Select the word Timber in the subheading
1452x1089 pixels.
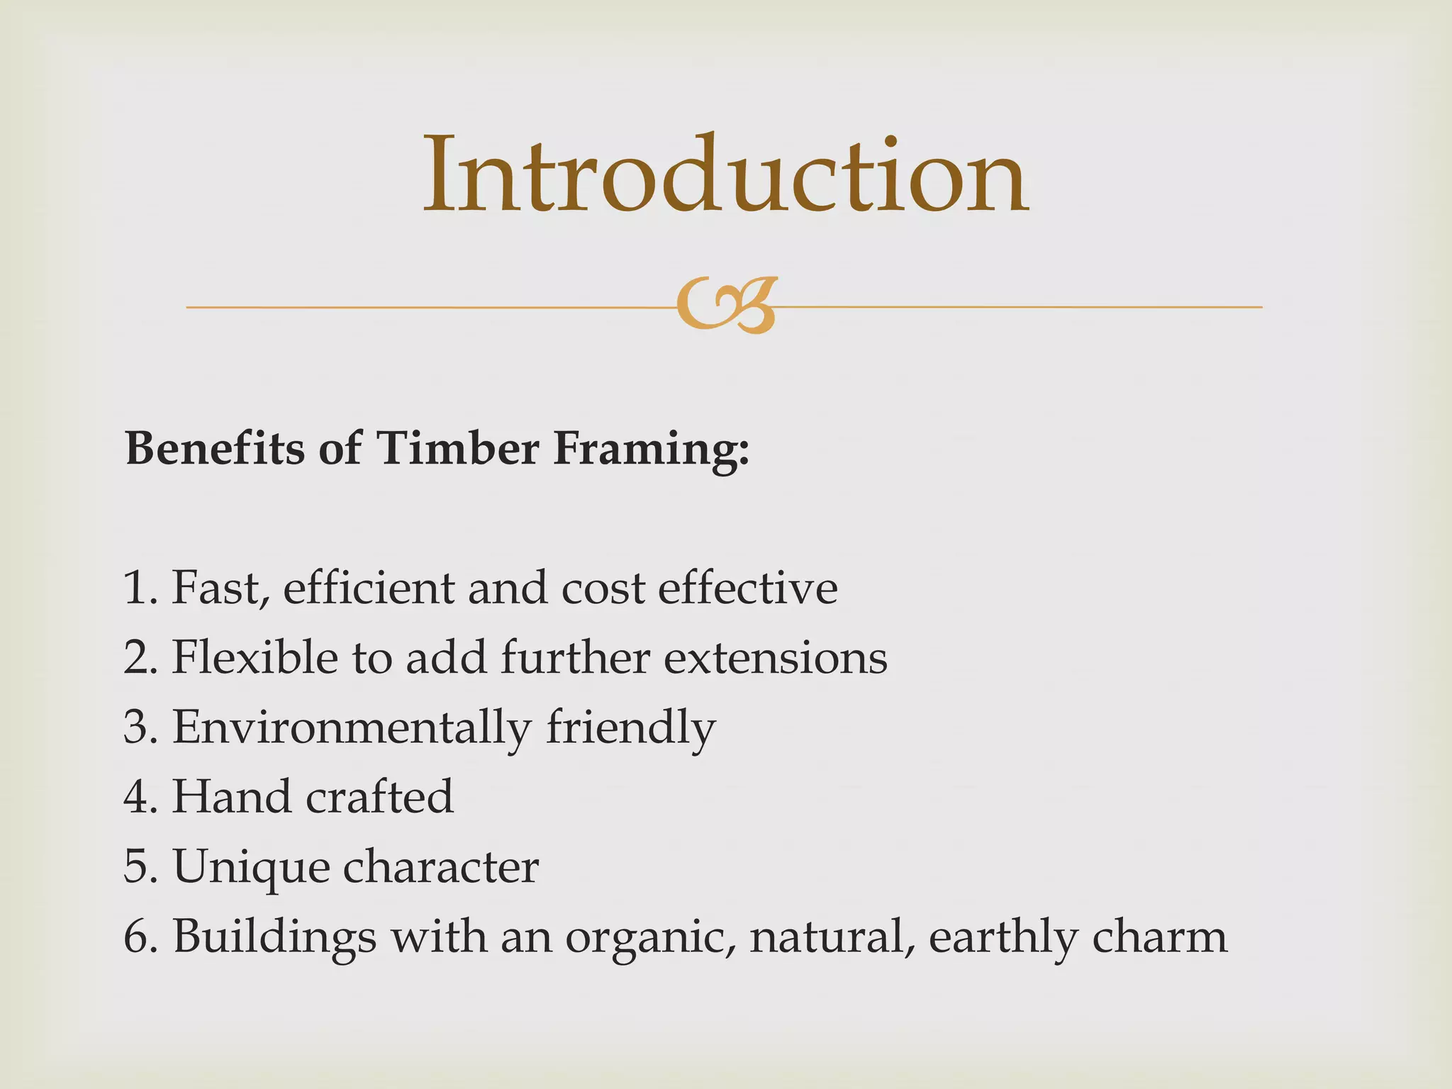(x=457, y=449)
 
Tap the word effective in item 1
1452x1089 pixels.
(x=747, y=588)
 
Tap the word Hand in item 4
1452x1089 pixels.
(x=231, y=797)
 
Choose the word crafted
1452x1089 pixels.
(x=379, y=797)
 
